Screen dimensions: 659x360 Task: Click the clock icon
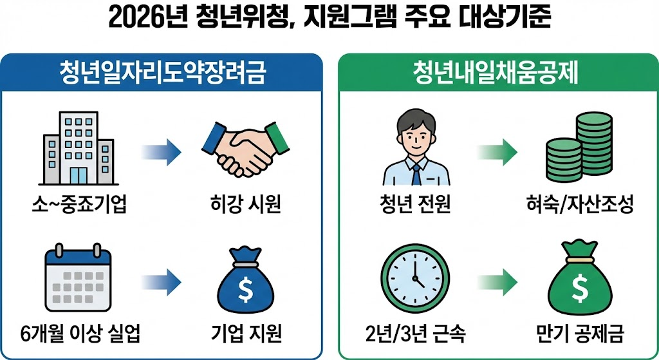pyautogui.click(x=414, y=275)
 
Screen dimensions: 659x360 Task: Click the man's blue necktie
pyautogui.click(x=416, y=174)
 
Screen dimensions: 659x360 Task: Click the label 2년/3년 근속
pyautogui.click(x=414, y=335)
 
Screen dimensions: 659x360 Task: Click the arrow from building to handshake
pyautogui.click(x=162, y=152)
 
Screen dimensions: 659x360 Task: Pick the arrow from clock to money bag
pyautogui.click(x=497, y=278)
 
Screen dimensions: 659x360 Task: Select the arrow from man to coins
pyautogui.click(x=497, y=152)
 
